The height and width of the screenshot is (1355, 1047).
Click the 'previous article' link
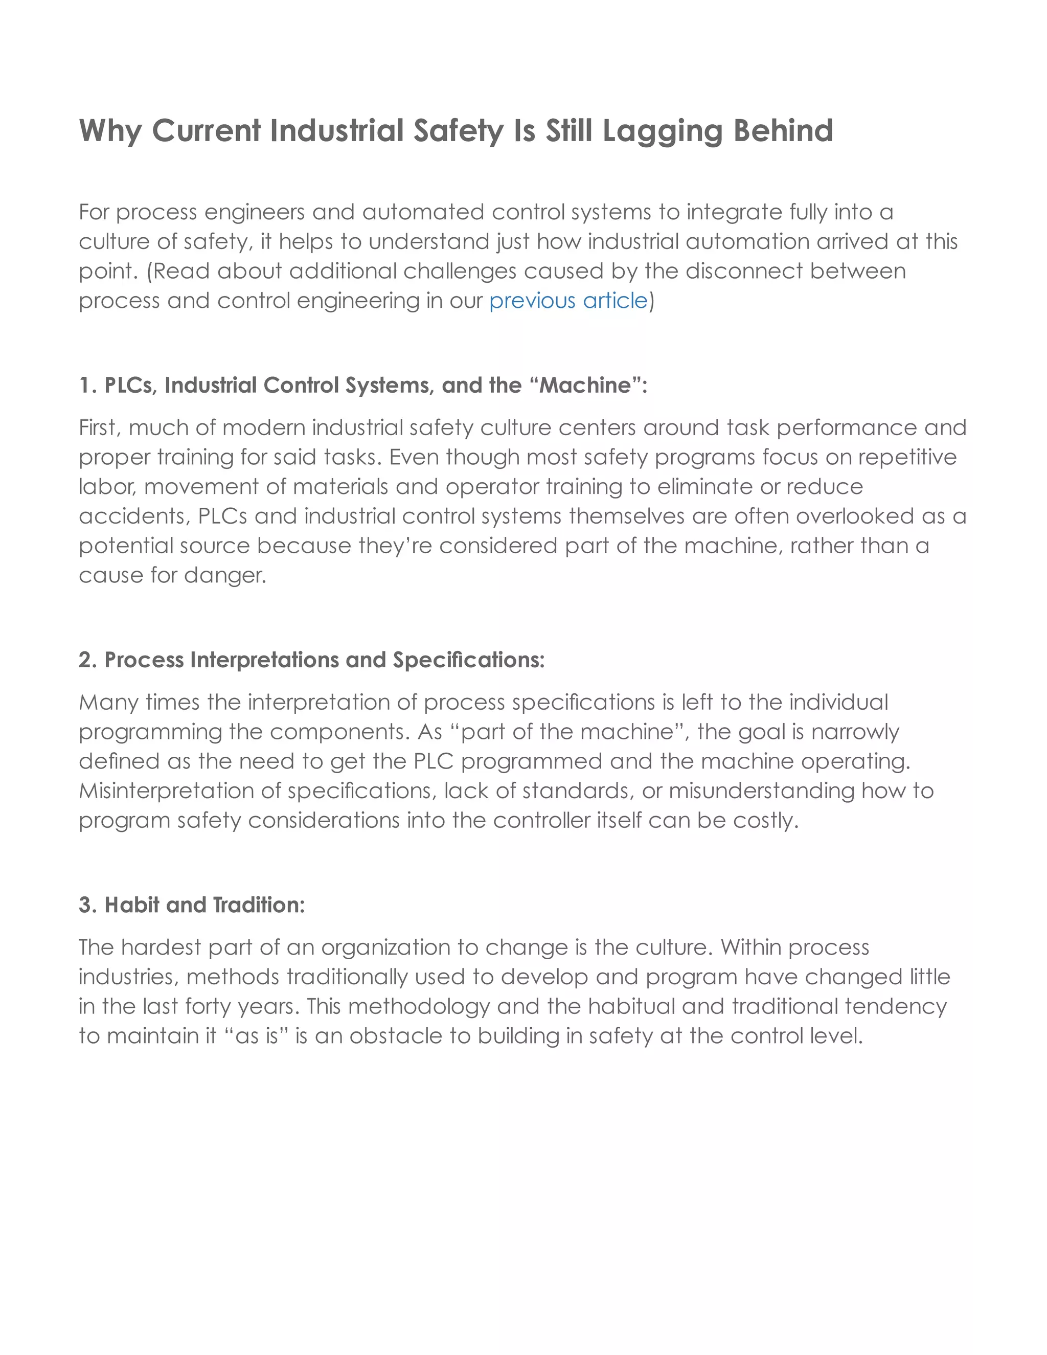pos(568,301)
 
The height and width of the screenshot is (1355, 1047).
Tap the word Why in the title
pos(110,131)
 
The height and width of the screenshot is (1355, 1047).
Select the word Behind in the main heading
pos(783,130)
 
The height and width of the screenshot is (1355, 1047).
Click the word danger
pos(225,576)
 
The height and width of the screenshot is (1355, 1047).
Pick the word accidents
pos(134,517)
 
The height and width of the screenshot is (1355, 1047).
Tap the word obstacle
pos(395,1036)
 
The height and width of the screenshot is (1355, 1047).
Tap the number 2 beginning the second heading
pos(86,660)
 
